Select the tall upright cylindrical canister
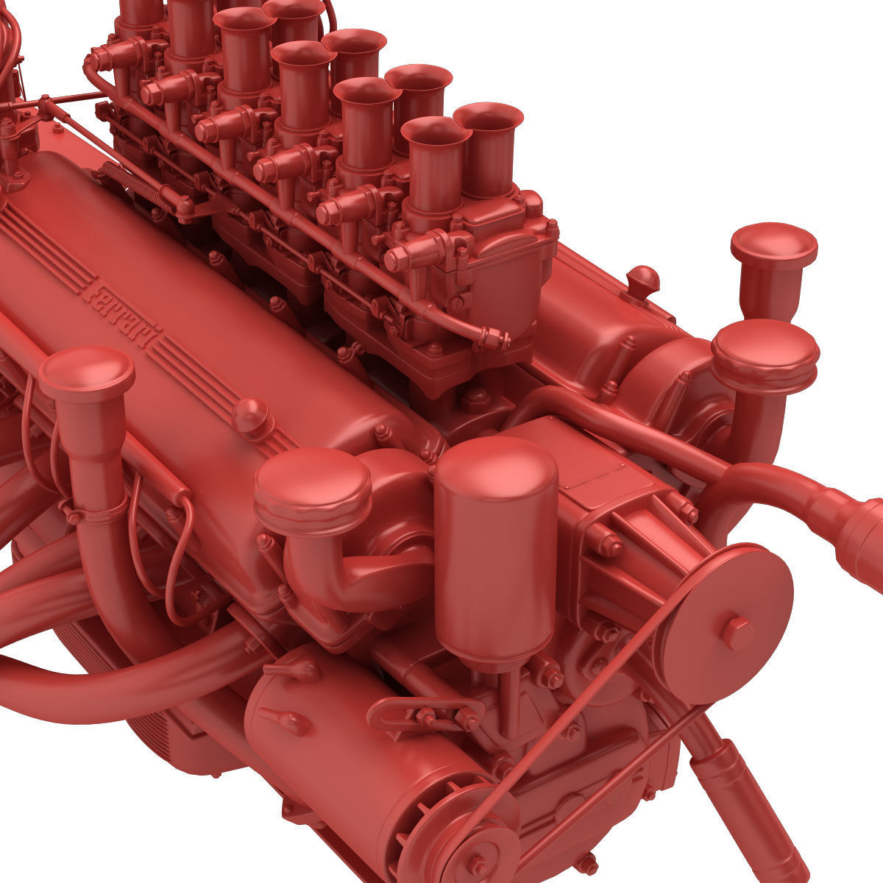coord(495,552)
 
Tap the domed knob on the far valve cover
coord(642,280)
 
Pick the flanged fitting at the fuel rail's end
coord(494,339)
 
